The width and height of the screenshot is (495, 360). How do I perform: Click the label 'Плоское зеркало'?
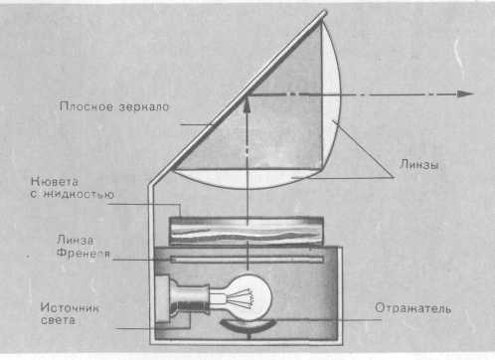(114, 106)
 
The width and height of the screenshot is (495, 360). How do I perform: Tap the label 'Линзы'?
(419, 164)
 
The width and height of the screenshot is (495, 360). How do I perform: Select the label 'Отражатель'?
(412, 308)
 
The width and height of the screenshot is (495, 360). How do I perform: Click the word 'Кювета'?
(55, 182)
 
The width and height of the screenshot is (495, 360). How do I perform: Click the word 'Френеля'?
(83, 254)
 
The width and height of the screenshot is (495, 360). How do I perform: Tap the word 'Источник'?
(70, 307)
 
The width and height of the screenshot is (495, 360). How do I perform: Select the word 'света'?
(58, 320)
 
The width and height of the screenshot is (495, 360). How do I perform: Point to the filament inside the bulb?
(242, 297)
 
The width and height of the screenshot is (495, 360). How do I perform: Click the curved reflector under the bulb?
(247, 325)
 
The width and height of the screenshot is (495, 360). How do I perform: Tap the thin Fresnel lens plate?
(247, 260)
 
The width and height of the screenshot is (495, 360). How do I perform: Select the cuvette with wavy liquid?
(247, 231)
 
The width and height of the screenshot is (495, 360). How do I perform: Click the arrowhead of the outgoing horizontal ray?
(466, 93)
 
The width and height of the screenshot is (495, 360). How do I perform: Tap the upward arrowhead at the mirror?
(247, 103)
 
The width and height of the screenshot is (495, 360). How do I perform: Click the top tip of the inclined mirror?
(324, 13)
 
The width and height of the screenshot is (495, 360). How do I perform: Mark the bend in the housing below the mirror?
(151, 185)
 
